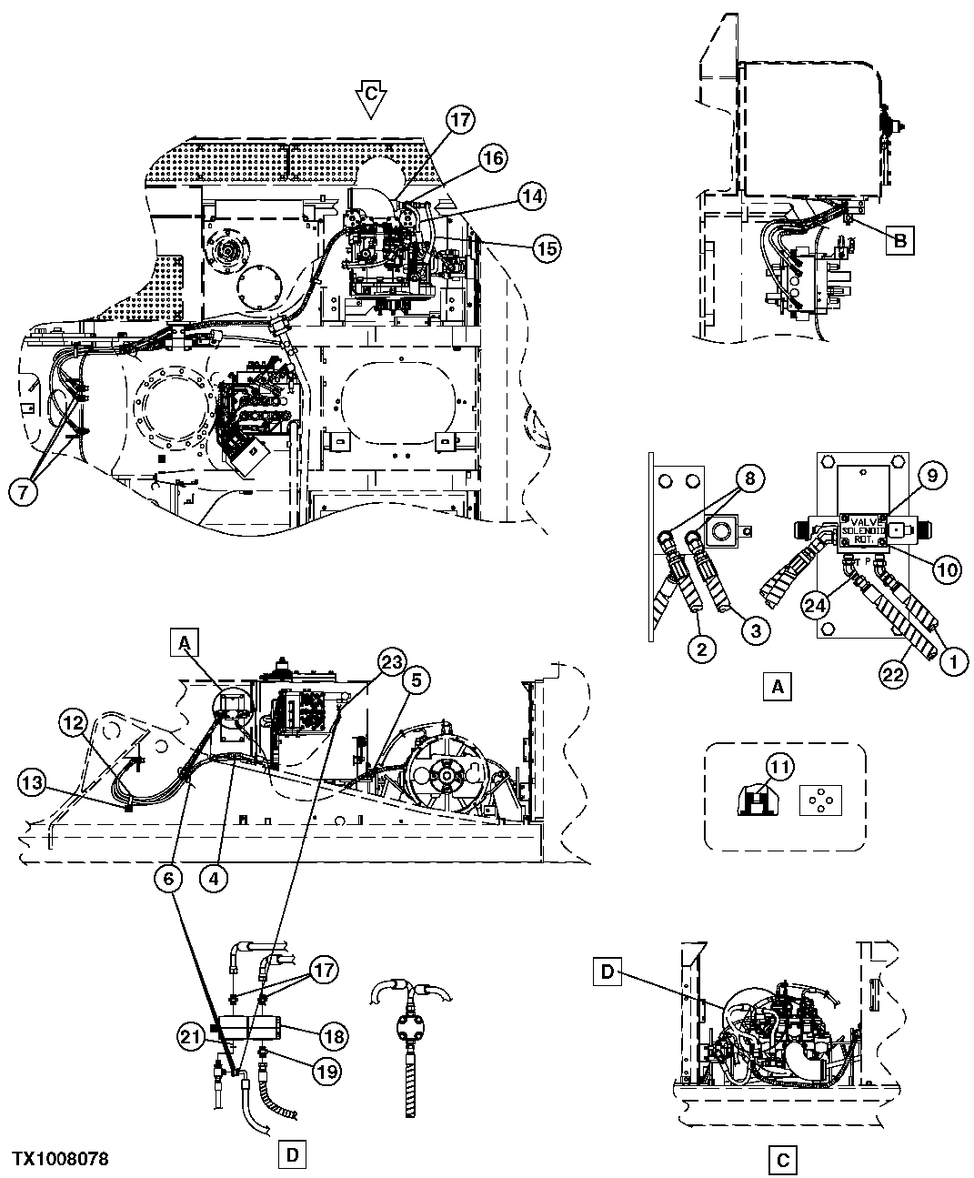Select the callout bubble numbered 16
(492, 157)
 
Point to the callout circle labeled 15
(546, 247)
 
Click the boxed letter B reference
(899, 241)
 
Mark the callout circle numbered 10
(946, 569)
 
